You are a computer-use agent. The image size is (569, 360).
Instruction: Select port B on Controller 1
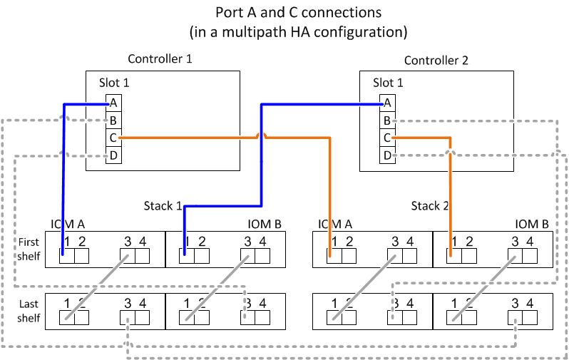(x=113, y=120)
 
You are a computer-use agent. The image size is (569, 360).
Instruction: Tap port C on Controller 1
(x=113, y=138)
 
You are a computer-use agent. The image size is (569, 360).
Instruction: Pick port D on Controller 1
(x=113, y=155)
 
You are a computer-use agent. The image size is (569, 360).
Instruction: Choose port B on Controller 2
(x=387, y=120)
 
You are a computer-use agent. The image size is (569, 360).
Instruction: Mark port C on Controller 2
(x=387, y=138)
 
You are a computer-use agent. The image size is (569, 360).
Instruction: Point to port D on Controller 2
(x=387, y=155)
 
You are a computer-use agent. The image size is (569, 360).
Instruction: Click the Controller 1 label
(x=160, y=59)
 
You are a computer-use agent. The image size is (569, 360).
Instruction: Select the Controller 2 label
(x=436, y=61)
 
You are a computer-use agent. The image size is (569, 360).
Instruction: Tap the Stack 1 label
(x=162, y=206)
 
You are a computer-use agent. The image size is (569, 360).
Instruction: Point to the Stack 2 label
(x=430, y=206)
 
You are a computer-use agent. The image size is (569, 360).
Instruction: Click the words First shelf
(x=29, y=249)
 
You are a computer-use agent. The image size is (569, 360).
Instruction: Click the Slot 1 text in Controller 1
(x=114, y=83)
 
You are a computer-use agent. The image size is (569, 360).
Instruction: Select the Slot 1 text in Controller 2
(x=388, y=83)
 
